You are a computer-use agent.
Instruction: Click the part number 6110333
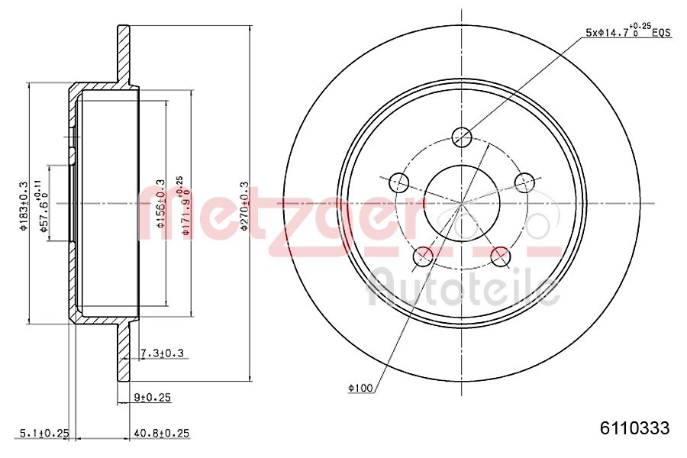pyautogui.click(x=634, y=429)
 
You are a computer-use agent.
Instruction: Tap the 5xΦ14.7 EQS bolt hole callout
pyautogui.click(x=627, y=32)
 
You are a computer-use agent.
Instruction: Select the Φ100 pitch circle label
pyautogui.click(x=360, y=389)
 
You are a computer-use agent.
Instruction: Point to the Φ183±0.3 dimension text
pyautogui.click(x=24, y=205)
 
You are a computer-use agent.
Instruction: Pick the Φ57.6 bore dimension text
pyautogui.click(x=45, y=204)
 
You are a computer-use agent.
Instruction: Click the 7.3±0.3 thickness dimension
pyautogui.click(x=163, y=353)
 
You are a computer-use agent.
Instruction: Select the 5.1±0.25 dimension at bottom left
pyautogui.click(x=35, y=433)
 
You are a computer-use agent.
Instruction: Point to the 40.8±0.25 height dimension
pyautogui.click(x=160, y=433)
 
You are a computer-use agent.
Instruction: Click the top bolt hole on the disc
pyautogui.click(x=462, y=137)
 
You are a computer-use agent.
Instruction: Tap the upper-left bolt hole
pyautogui.click(x=398, y=182)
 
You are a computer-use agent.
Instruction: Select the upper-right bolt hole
pyautogui.click(x=524, y=182)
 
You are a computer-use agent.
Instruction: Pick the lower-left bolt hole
pyautogui.click(x=422, y=256)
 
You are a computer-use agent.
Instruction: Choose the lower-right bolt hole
pyautogui.click(x=501, y=256)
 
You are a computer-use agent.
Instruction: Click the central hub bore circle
pyautogui.click(x=462, y=203)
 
